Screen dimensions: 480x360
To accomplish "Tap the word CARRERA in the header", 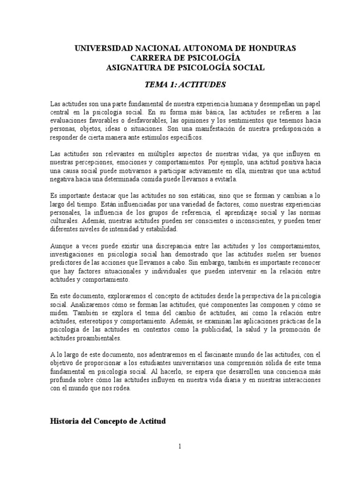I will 149,58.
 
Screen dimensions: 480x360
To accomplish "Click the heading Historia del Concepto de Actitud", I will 108,421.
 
